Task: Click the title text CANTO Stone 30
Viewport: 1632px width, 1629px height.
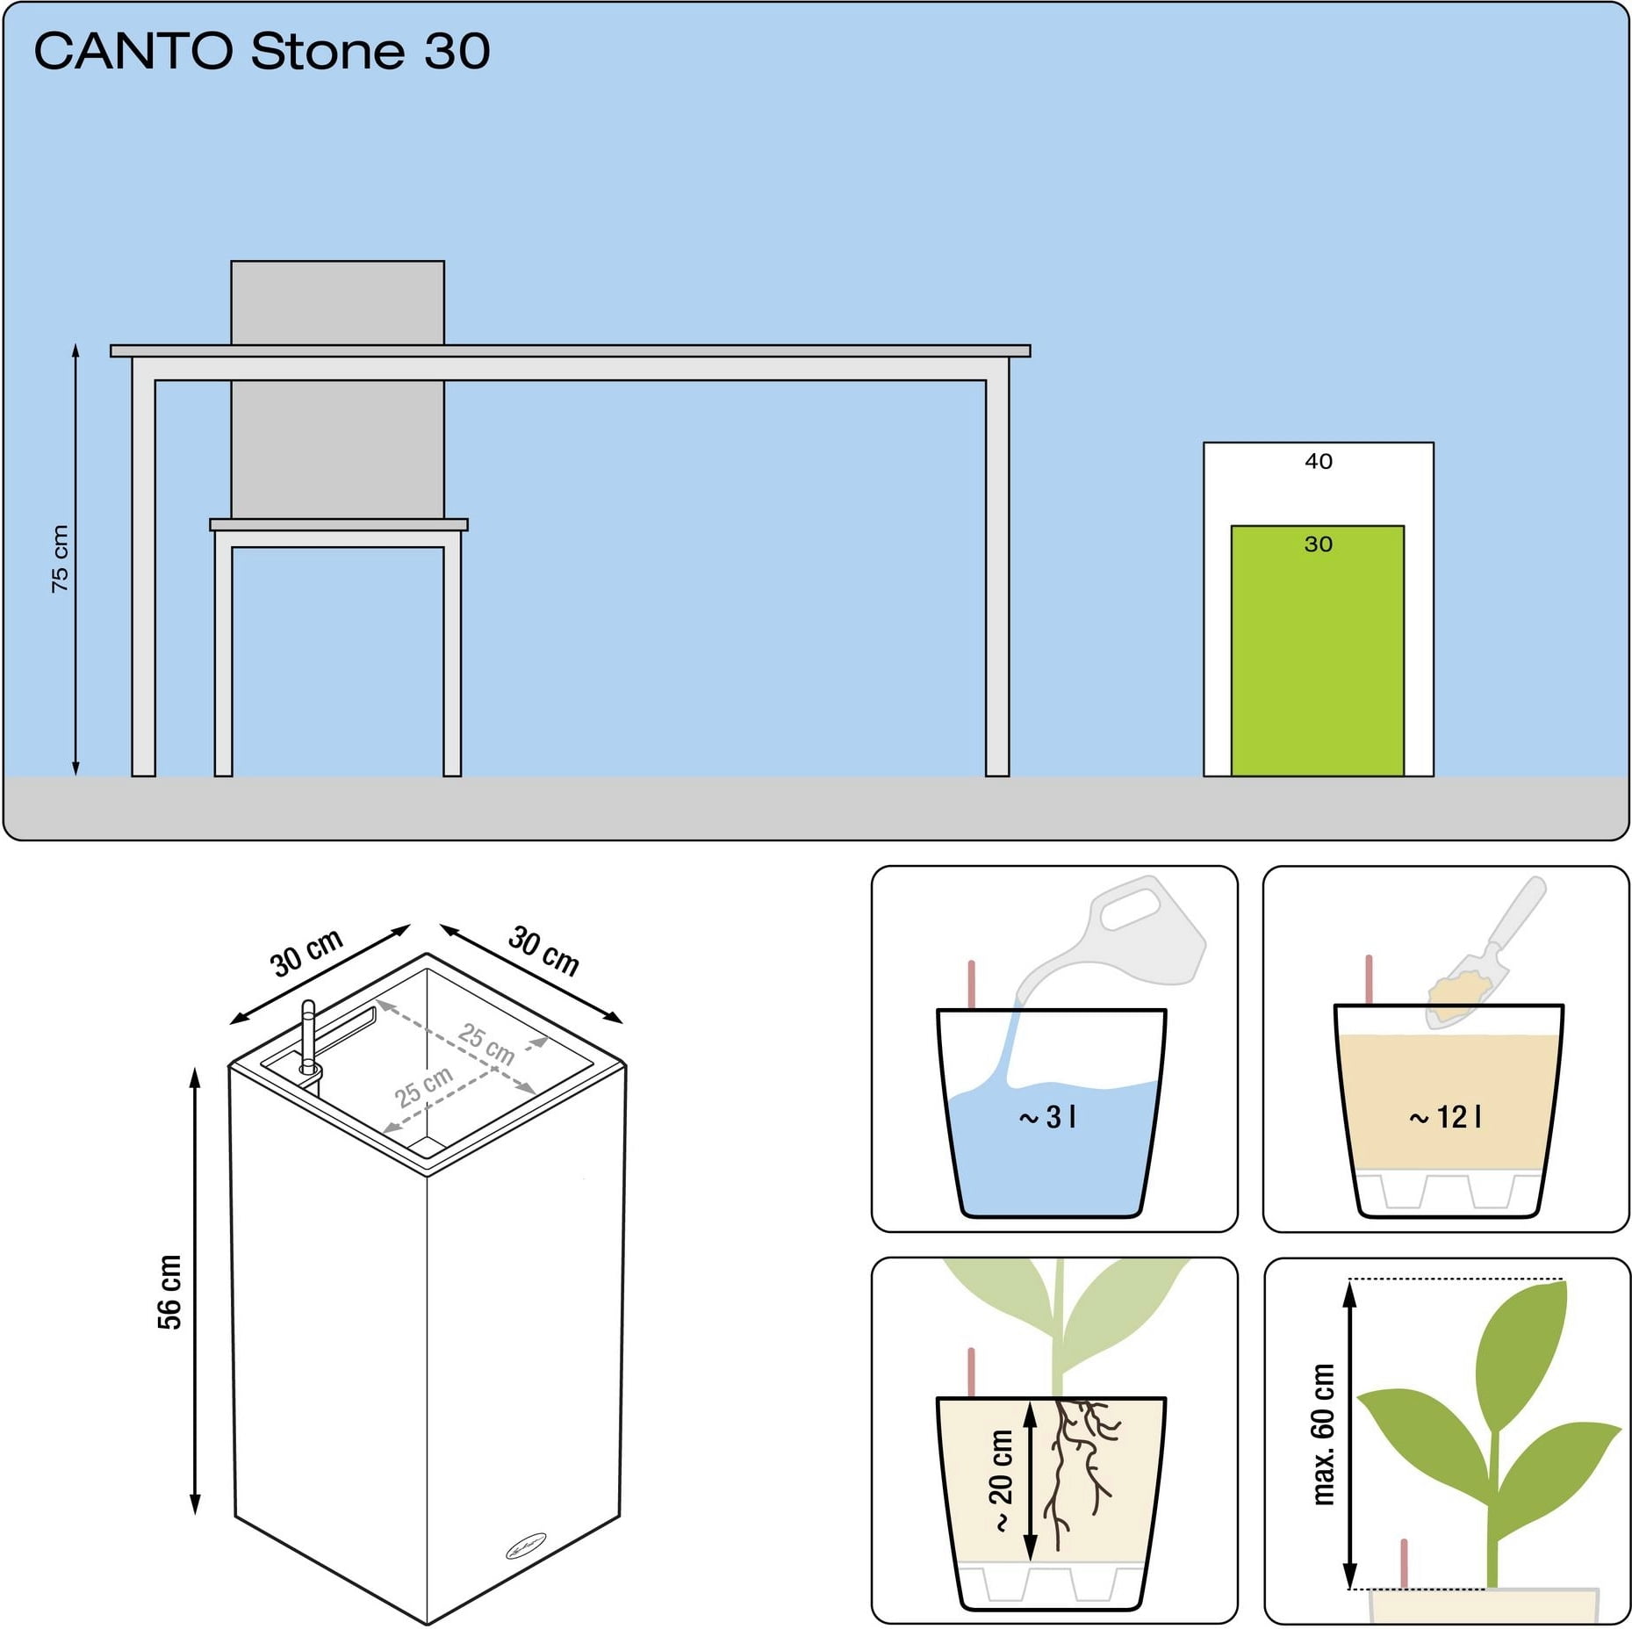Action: pos(262,51)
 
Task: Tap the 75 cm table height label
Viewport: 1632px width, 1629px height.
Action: pos(60,559)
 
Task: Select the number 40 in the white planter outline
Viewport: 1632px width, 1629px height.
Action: pos(1318,461)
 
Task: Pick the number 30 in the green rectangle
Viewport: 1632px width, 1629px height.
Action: pos(1318,544)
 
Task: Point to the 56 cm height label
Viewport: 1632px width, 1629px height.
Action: pos(169,1292)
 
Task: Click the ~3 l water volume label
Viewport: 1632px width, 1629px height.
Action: pos(1047,1117)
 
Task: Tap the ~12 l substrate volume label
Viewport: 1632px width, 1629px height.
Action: pos(1445,1117)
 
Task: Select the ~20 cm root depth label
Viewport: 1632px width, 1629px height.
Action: pos(1001,1481)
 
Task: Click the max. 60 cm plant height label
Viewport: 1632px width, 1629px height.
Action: pos(1323,1434)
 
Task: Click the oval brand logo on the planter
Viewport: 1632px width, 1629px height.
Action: pos(526,1546)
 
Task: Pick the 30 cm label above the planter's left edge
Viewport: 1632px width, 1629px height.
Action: pos(306,953)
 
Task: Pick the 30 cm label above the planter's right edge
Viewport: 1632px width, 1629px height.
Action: pos(543,951)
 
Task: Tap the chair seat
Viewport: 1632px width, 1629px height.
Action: pos(339,524)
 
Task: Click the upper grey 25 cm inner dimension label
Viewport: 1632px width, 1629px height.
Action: pos(486,1043)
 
